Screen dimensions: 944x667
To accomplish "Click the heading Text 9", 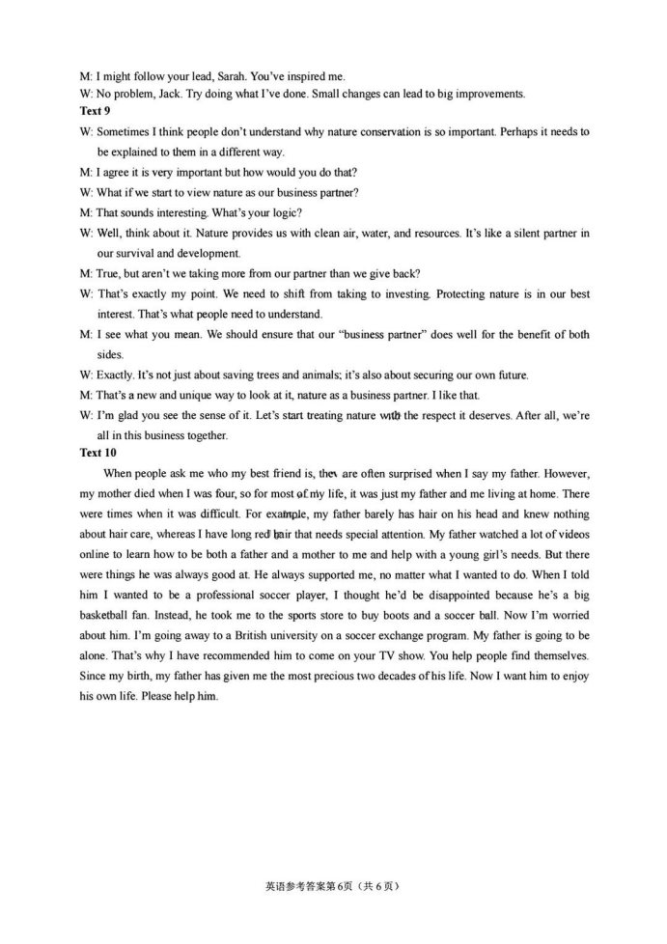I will pos(95,112).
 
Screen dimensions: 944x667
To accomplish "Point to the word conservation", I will pos(408,131).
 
